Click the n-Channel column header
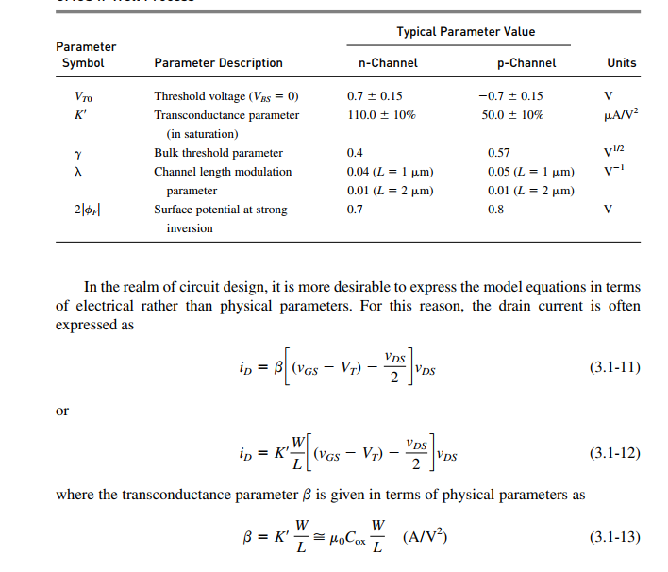coord(381,63)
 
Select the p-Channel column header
coord(526,63)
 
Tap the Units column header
coord(622,63)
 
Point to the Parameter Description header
coord(218,63)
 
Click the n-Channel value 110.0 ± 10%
coord(381,115)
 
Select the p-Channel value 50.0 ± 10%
coord(512,115)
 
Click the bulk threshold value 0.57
coord(498,153)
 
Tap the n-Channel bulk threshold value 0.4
coord(355,153)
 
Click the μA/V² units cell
coord(620,114)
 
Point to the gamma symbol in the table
coord(79,153)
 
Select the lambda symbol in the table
coord(79,172)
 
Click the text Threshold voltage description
coord(225,96)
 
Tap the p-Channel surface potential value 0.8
coord(495,210)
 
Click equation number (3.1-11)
coord(614,366)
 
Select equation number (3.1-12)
coord(614,453)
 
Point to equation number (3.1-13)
coord(614,538)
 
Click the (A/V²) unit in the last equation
coord(425,538)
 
